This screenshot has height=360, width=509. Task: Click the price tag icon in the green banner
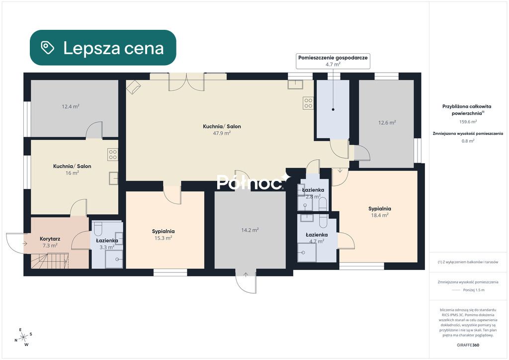47,48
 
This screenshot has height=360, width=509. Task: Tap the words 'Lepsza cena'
113,48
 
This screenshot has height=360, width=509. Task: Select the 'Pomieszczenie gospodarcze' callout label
333,61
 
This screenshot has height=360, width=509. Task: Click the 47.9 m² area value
222,133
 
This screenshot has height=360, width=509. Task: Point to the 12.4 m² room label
71,106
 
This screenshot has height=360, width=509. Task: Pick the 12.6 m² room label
387,123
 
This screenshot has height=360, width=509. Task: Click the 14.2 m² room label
250,230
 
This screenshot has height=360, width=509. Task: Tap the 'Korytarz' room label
50,239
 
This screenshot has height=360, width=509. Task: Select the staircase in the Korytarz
50,261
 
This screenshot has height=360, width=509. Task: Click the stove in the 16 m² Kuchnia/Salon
113,155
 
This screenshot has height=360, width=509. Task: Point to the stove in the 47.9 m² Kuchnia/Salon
308,103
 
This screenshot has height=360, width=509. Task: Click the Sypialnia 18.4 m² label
379,212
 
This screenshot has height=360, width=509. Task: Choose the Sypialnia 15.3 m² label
163,234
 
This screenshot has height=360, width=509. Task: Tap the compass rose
23,338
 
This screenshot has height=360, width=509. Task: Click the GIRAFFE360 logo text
468,345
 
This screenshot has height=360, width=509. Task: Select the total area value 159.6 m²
468,122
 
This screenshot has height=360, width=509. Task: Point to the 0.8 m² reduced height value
468,141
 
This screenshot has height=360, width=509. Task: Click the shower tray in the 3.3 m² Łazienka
114,259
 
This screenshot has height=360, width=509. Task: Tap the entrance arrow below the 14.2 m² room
246,275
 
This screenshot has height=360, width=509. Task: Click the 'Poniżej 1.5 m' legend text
474,290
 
